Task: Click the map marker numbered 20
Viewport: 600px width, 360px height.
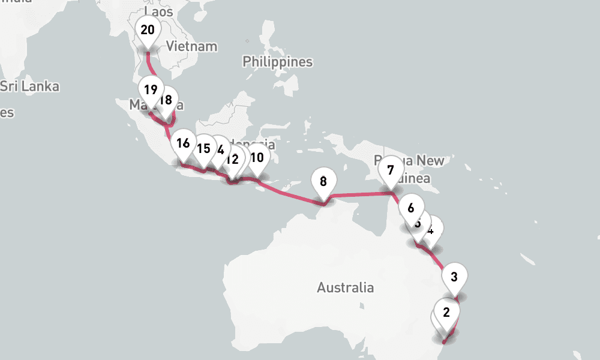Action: click(148, 31)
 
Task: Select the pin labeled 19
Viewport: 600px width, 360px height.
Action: click(151, 91)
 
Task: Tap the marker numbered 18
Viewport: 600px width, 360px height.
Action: click(166, 100)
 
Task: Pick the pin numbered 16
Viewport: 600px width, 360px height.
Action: click(183, 144)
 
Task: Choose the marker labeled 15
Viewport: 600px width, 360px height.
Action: click(203, 149)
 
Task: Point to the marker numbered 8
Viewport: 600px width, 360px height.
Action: click(323, 181)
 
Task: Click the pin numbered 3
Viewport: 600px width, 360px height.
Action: click(454, 277)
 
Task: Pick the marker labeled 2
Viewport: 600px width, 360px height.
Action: click(446, 313)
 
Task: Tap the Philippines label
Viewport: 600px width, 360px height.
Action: click(277, 62)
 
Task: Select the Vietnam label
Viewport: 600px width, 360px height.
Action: click(191, 46)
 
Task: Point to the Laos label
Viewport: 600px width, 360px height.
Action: click(158, 11)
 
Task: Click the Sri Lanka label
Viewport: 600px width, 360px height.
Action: click(30, 86)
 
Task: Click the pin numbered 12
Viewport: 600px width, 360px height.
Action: click(232, 160)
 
